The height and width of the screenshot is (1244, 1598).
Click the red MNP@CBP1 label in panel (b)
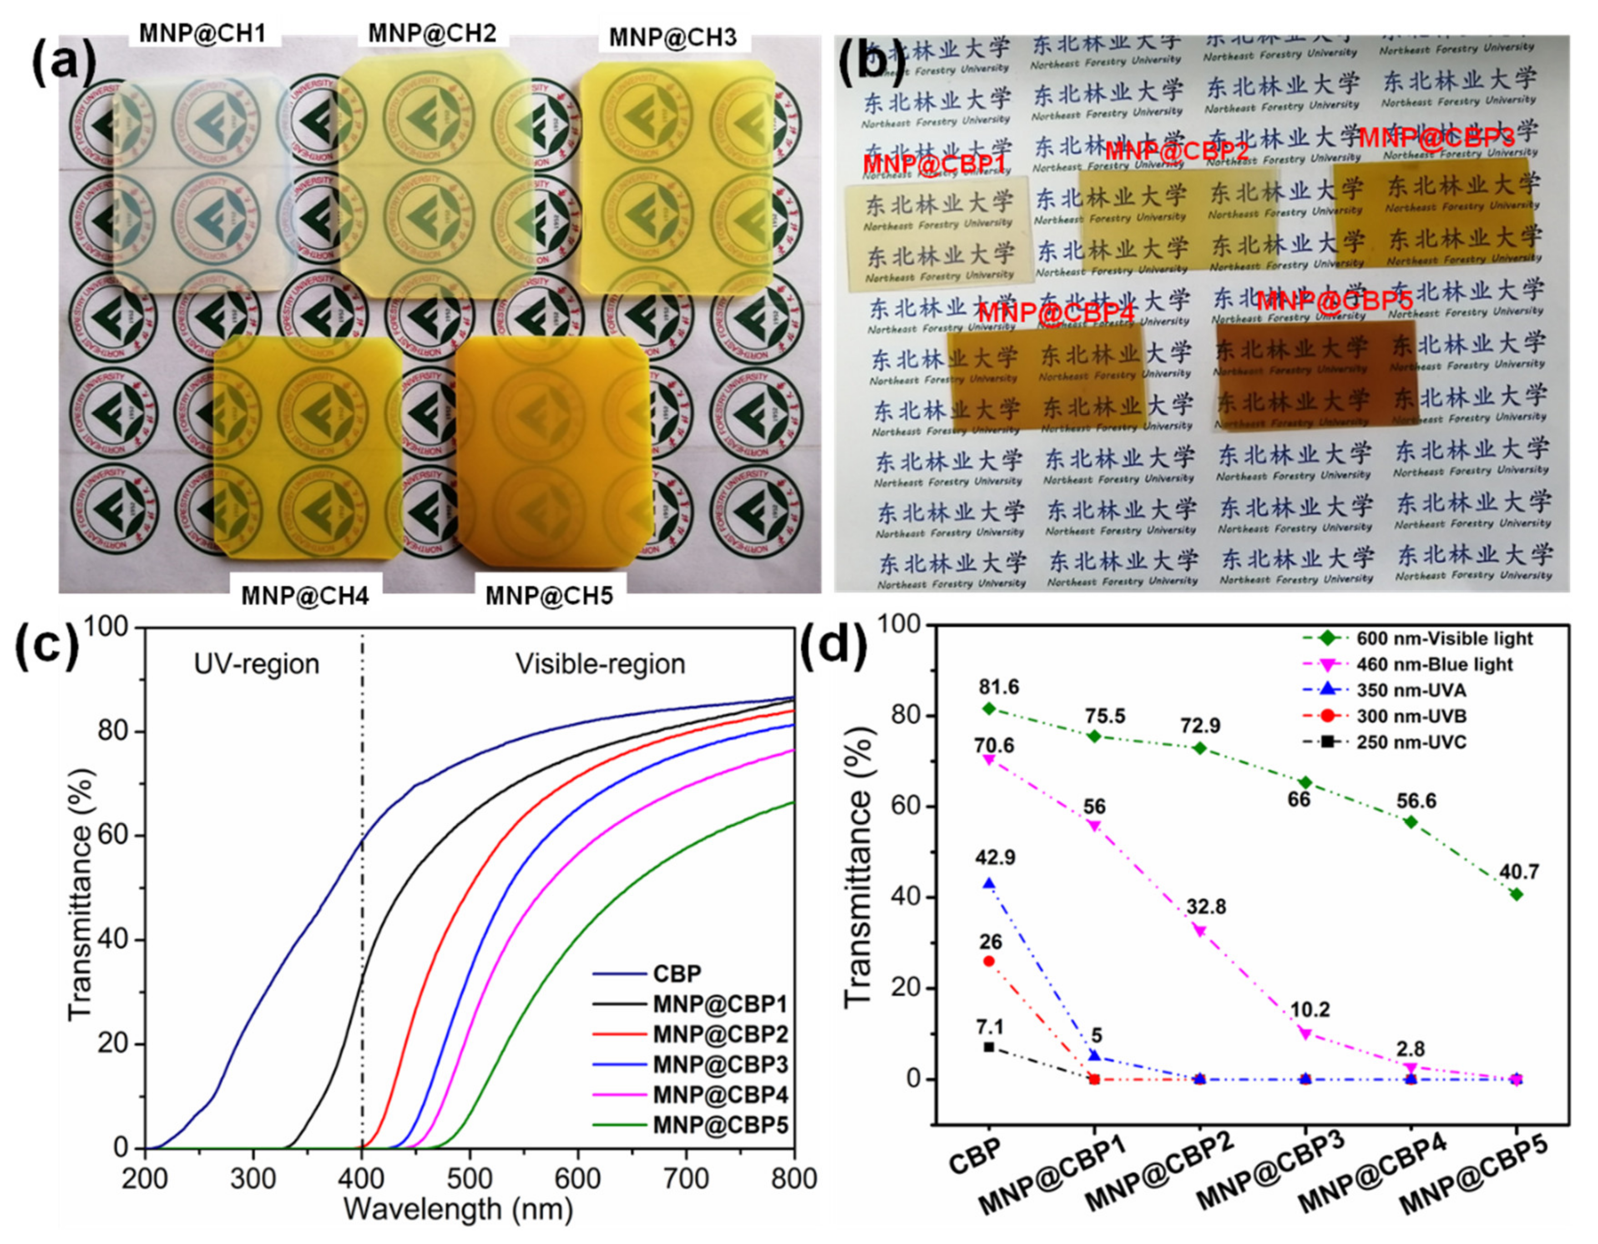(934, 164)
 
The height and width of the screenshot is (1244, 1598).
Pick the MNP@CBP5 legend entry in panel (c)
(720, 1125)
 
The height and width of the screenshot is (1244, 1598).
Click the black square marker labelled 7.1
(989, 1047)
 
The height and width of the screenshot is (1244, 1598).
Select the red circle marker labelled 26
(989, 961)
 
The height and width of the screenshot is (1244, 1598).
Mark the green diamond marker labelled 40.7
(1517, 894)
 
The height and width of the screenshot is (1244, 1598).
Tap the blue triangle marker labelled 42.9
(989, 883)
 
